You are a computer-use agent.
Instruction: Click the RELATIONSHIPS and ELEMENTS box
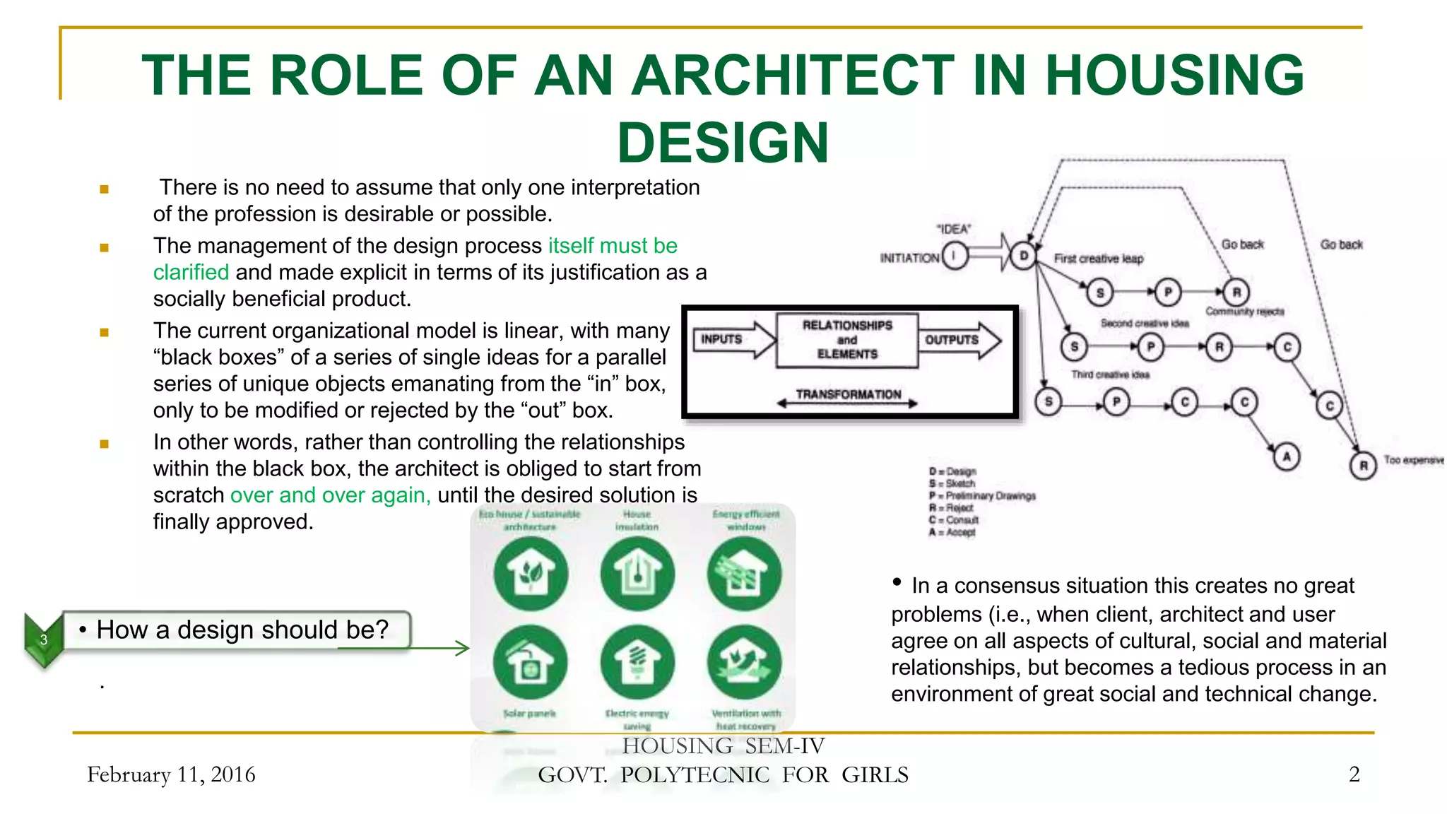click(x=847, y=340)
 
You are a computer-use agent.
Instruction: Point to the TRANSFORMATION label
click(x=848, y=394)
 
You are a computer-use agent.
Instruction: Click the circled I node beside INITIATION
click(x=955, y=256)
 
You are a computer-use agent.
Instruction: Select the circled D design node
click(x=1023, y=256)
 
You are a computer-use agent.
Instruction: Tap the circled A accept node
click(x=1286, y=457)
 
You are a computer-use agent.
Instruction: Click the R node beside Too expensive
click(x=1363, y=466)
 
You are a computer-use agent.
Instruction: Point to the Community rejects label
click(x=1244, y=312)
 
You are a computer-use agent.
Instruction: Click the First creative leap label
click(x=1098, y=259)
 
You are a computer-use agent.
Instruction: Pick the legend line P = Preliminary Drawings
click(x=982, y=496)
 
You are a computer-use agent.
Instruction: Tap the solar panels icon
click(x=530, y=663)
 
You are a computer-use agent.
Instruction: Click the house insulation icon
click(x=637, y=573)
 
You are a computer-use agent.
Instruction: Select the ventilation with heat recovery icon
click(x=745, y=663)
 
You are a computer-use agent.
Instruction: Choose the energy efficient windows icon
click(x=745, y=573)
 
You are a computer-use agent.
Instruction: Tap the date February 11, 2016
click(x=171, y=774)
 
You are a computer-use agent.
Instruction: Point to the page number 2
click(x=1354, y=774)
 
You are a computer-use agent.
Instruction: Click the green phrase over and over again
click(x=330, y=495)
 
